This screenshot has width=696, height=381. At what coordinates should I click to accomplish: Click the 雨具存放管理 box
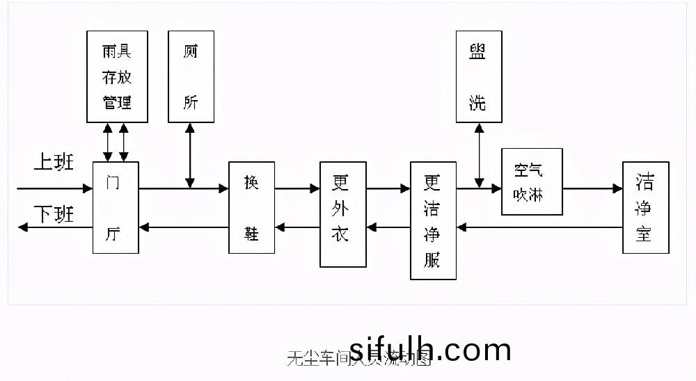point(117,76)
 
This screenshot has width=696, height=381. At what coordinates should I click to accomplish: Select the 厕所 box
point(191,76)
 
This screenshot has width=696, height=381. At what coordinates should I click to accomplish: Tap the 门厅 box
point(116,207)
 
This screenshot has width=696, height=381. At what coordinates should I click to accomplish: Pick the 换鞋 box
point(251,207)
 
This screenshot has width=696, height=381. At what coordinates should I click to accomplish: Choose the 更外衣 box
point(342,214)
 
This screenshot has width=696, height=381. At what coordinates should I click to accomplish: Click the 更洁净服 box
point(433,220)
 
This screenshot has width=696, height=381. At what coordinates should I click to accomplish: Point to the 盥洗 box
point(478,76)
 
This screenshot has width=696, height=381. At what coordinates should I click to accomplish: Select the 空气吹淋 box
point(531,181)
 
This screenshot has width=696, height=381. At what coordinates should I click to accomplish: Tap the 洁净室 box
point(645,207)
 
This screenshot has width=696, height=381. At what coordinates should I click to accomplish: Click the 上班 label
point(54,164)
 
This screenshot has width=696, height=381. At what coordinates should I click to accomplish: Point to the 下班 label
point(54,215)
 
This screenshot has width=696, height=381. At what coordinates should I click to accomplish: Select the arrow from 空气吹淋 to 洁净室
point(592,188)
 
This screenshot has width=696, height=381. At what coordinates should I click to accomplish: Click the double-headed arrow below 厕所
point(190,155)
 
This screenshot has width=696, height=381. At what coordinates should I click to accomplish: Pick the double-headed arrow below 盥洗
point(479,155)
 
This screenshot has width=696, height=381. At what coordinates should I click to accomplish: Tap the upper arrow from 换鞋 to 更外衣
point(297,188)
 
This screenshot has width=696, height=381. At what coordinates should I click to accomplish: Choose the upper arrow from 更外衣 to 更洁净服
point(388,188)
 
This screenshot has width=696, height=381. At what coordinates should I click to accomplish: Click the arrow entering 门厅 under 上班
point(54,188)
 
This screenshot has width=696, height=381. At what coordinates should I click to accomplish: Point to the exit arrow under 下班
point(54,227)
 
